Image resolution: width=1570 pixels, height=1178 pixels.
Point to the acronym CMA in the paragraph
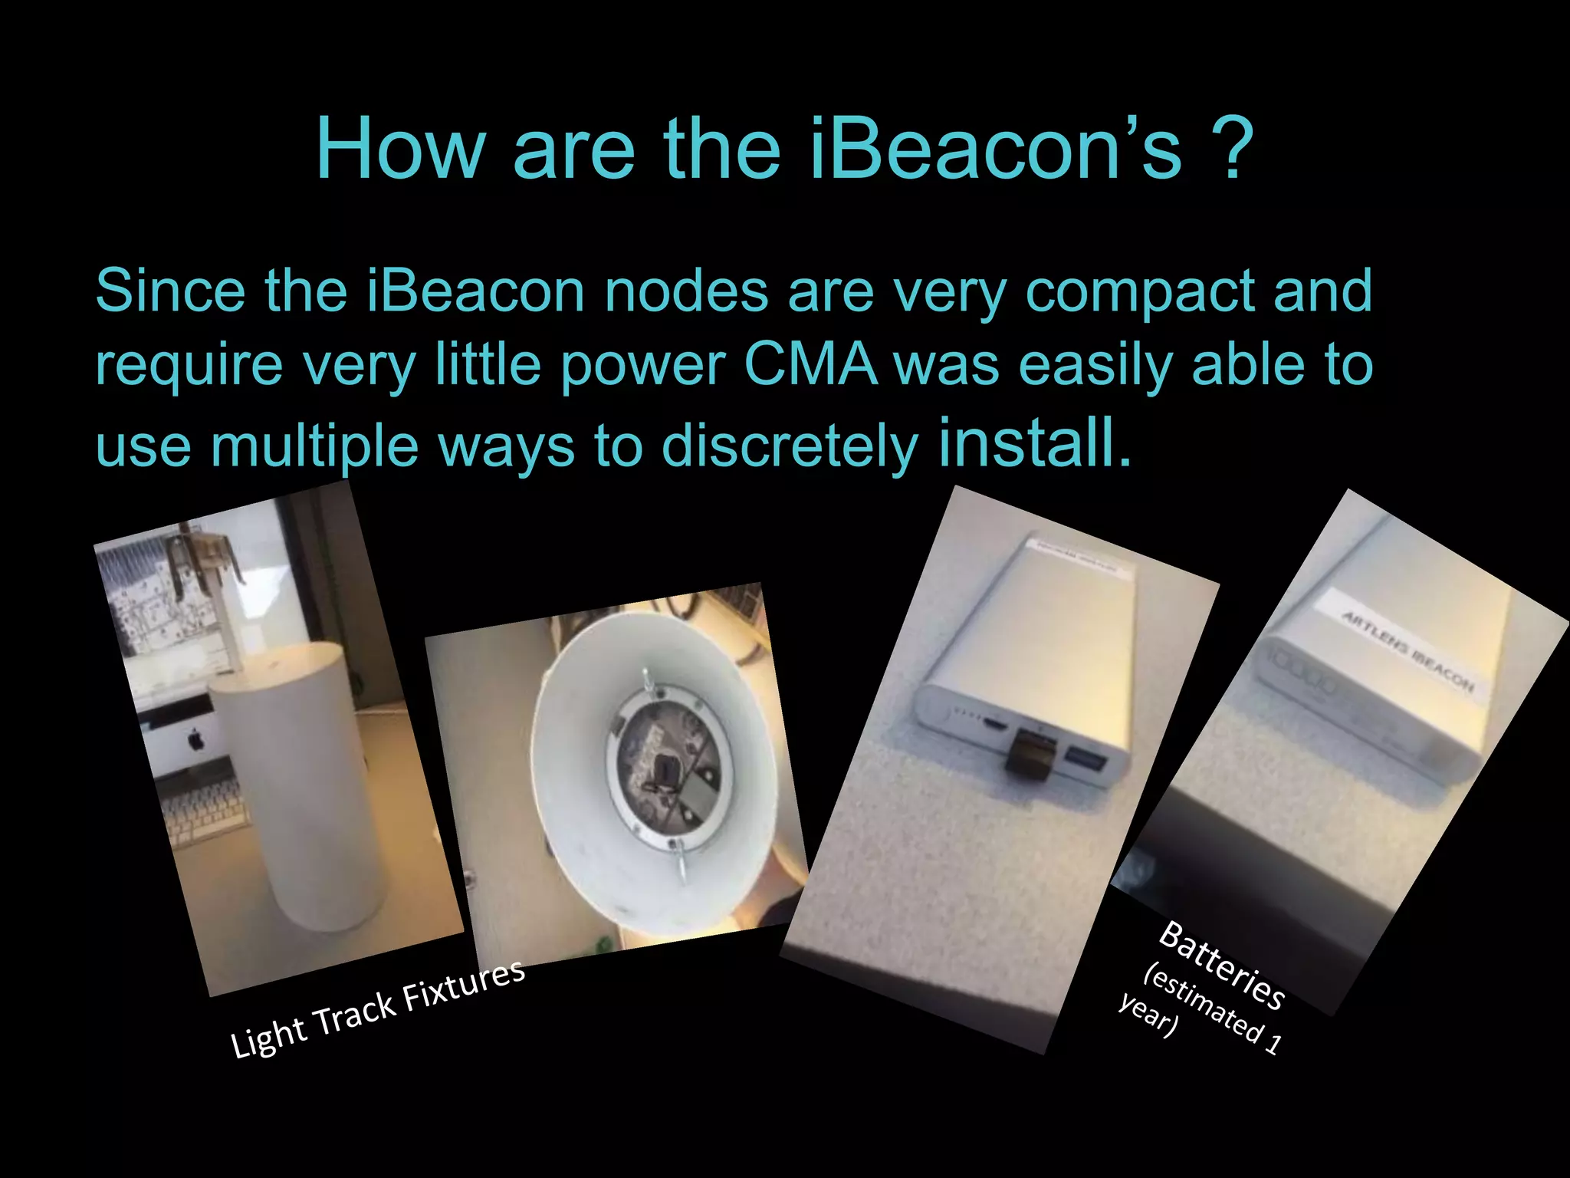pyautogui.click(x=810, y=364)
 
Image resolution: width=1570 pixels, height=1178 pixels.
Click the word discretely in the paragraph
pyautogui.click(x=789, y=446)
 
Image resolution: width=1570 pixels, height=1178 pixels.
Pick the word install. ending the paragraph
pyautogui.click(x=1034, y=443)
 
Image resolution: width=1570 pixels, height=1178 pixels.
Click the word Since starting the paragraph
pyautogui.click(x=170, y=291)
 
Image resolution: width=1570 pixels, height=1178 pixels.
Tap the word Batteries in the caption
pyautogui.click(x=1221, y=964)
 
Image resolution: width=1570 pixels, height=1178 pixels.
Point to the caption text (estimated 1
pyautogui.click(x=1211, y=1012)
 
